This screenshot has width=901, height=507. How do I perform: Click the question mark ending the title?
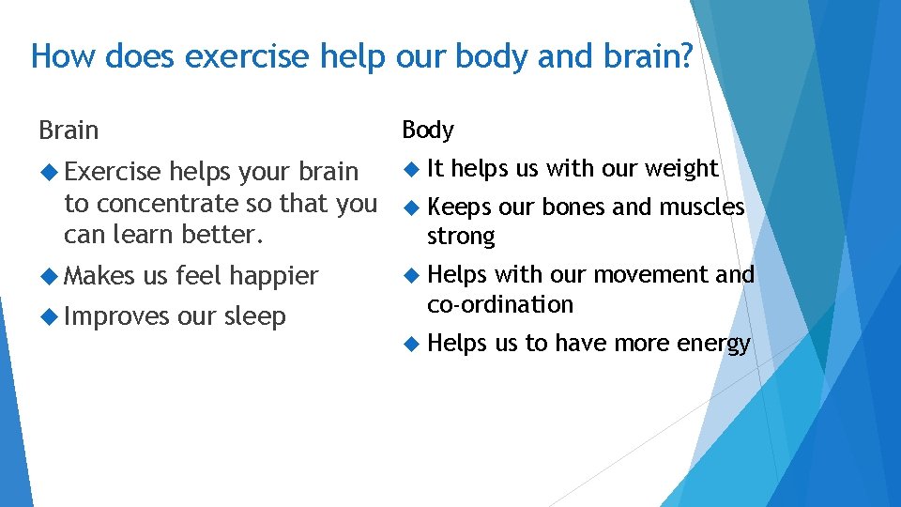(x=684, y=57)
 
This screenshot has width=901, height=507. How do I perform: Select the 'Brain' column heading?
(x=69, y=130)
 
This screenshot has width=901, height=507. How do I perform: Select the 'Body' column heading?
(x=428, y=130)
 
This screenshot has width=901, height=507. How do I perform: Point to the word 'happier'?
(x=274, y=276)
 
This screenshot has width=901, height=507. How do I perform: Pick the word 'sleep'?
(x=254, y=316)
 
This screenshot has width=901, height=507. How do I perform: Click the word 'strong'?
(x=460, y=237)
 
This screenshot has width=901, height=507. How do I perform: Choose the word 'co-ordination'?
(x=499, y=305)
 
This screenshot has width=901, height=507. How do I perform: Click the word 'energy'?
(x=714, y=345)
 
